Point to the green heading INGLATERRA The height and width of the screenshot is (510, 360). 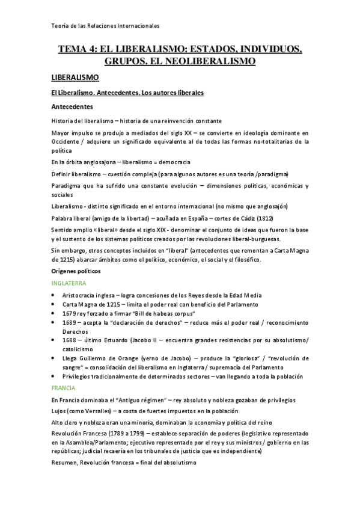tap(69, 283)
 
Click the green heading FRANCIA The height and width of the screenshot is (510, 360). tap(63, 388)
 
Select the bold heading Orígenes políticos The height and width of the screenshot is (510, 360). tap(76, 271)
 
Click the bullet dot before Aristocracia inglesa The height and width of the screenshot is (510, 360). tap(54, 295)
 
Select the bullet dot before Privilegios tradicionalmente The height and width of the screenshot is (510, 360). tap(54, 376)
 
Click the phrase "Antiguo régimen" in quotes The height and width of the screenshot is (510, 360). tap(132, 400)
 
